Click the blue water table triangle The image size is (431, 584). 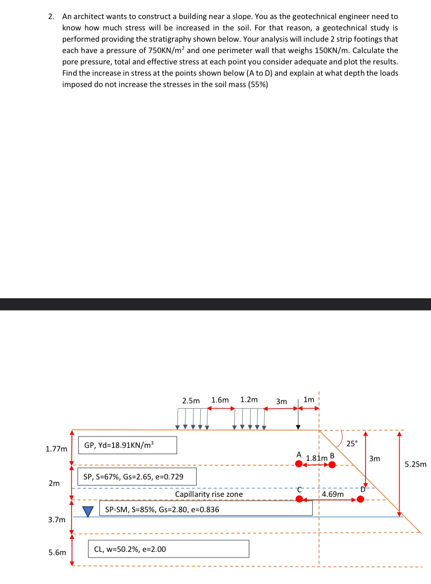pyautogui.click(x=88, y=511)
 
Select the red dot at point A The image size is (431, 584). pyautogui.click(x=299, y=464)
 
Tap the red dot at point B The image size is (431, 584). pyautogui.click(x=332, y=465)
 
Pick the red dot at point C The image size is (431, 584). pyautogui.click(x=299, y=499)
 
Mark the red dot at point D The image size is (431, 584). pyautogui.click(x=360, y=499)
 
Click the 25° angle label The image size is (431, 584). pyautogui.click(x=352, y=444)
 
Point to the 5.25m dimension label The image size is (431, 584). pyautogui.click(x=415, y=464)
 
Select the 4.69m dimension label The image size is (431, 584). pyautogui.click(x=333, y=494)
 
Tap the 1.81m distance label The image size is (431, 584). pyautogui.click(x=317, y=458)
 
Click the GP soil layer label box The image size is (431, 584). pyautogui.click(x=127, y=445)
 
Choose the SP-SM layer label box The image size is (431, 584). pyautogui.click(x=206, y=509)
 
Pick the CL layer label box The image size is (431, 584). pyautogui.click(x=168, y=549)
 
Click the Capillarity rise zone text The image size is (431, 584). pyautogui.click(x=209, y=494)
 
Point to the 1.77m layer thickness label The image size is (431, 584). pyautogui.click(x=57, y=449)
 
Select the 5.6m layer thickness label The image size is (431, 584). pyautogui.click(x=57, y=553)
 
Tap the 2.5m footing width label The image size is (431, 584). pyautogui.click(x=191, y=401)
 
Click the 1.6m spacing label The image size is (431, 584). pyautogui.click(x=220, y=400)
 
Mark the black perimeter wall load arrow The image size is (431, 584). pyautogui.click(x=298, y=420)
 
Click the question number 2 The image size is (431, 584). pyautogui.click(x=51, y=17)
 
